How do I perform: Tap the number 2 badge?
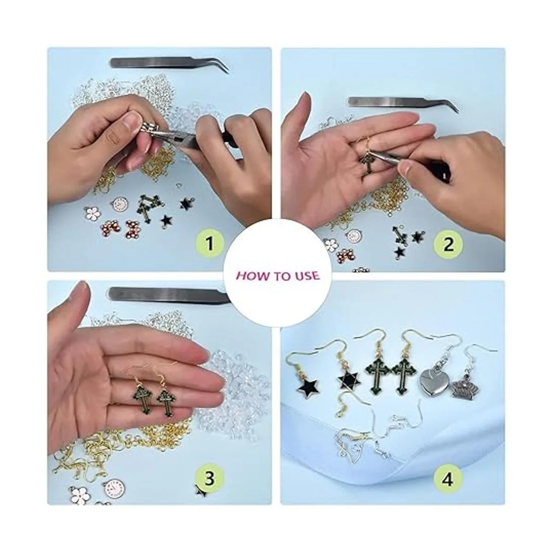pos(448,245)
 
